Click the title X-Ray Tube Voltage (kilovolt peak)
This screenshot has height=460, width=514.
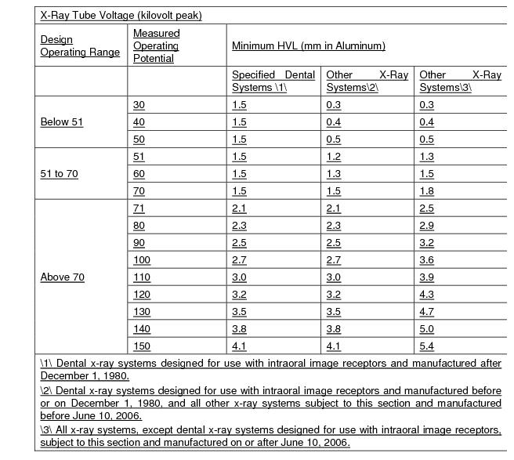[121, 16]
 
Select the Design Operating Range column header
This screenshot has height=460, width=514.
[80, 46]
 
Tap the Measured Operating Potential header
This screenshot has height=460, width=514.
[156, 46]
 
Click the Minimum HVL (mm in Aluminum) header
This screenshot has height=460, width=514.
[309, 46]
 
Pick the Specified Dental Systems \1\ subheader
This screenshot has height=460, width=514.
[273, 81]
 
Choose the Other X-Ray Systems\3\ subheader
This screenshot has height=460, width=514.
[460, 81]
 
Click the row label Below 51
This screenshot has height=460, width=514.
[62, 122]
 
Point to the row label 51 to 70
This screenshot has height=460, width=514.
[60, 174]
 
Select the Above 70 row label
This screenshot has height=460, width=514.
[63, 277]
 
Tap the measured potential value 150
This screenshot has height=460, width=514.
[142, 346]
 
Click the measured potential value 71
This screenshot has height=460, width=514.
[139, 208]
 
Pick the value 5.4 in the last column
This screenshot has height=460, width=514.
[427, 346]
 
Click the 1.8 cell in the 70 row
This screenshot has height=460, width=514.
[427, 191]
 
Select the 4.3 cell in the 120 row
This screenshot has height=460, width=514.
[427, 295]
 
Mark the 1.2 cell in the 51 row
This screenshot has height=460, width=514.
[334, 157]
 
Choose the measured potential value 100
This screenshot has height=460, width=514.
[142, 260]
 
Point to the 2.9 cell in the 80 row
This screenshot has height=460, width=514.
[427, 226]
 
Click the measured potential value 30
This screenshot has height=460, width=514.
[139, 105]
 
